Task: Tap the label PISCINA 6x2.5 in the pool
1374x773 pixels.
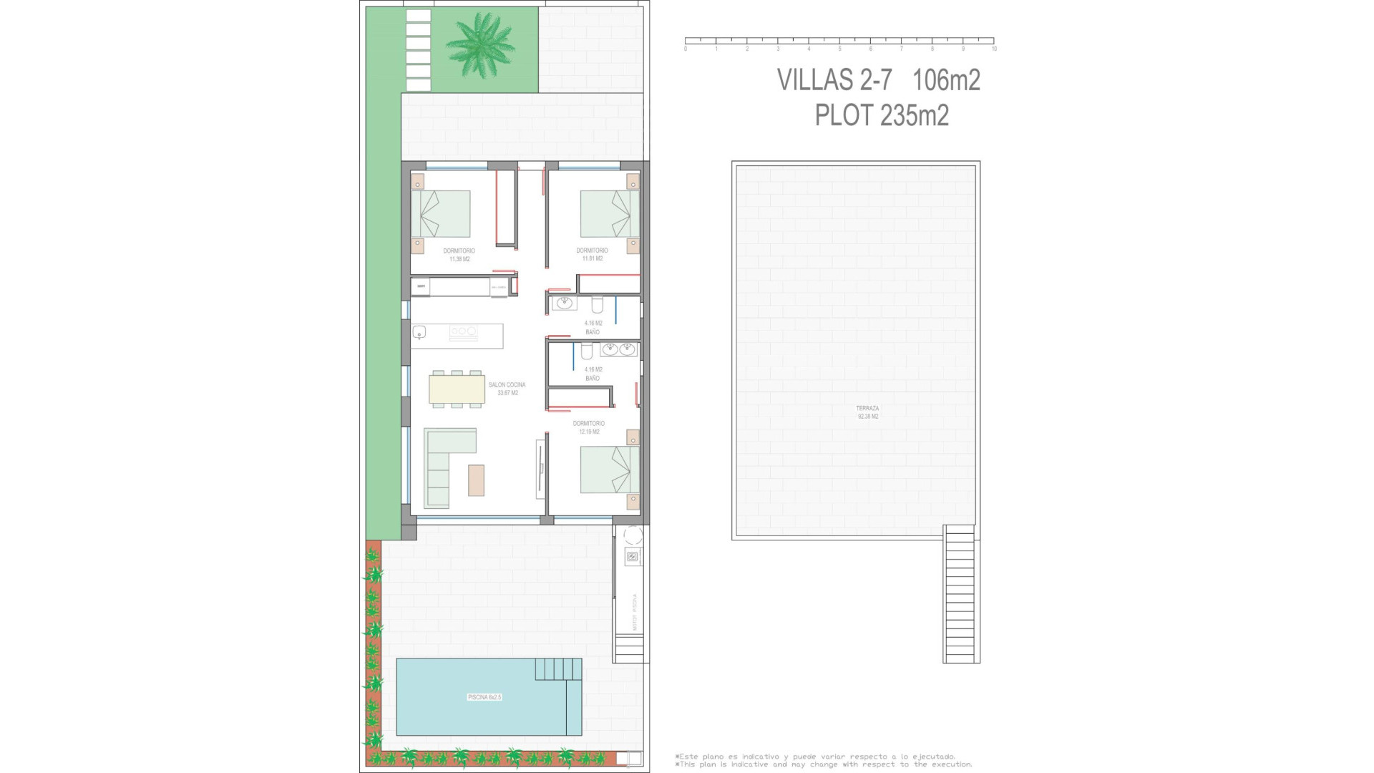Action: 484,697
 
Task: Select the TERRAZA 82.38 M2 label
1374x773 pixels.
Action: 867,412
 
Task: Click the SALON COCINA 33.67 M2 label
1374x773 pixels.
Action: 507,389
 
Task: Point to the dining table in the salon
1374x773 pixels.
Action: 457,389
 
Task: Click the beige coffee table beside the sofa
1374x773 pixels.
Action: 476,480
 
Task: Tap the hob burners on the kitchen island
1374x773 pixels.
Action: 463,331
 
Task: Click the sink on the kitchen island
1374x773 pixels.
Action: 419,332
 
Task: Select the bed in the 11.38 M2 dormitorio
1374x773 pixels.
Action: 440,214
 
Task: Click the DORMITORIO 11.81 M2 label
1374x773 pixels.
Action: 592,254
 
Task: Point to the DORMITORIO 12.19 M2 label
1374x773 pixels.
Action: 589,427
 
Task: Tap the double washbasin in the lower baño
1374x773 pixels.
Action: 618,349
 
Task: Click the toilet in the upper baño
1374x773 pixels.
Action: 598,306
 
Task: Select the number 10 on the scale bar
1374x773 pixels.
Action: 994,49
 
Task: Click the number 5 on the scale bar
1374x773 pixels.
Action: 839,49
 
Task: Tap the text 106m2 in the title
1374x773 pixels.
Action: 946,80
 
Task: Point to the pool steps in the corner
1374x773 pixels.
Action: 558,669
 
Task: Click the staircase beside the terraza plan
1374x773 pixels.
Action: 960,594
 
